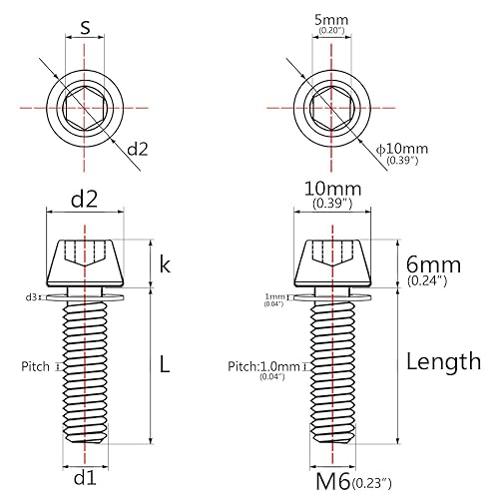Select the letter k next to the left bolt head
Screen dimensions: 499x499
point(165,263)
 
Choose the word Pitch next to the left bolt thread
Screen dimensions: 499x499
point(35,367)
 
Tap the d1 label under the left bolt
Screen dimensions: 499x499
point(85,475)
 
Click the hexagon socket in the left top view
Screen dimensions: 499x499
point(85,106)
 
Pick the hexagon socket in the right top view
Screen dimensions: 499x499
point(330,106)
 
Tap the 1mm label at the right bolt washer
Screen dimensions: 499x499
point(274,297)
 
